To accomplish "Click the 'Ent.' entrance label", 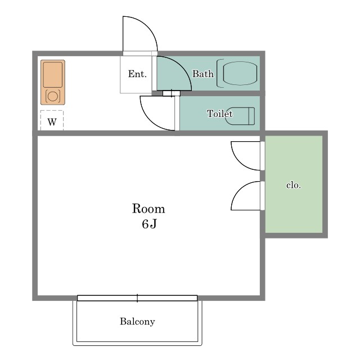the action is point(137,74).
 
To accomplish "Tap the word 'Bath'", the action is point(202,74).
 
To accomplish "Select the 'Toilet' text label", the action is point(220,114).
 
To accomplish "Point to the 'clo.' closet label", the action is point(294,185).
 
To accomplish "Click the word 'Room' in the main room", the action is point(148,209).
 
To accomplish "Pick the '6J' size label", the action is point(149,224).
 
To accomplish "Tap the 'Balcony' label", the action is point(137,321).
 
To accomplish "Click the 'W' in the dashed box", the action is point(52,122).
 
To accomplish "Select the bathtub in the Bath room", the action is point(237,73).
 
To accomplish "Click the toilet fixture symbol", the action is point(240,116).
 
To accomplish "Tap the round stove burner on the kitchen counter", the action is point(53,96).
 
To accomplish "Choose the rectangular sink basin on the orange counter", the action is point(53,75).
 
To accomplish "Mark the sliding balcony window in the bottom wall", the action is point(137,298).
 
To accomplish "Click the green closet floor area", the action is point(294,184).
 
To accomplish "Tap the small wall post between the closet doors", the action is point(263,176).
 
